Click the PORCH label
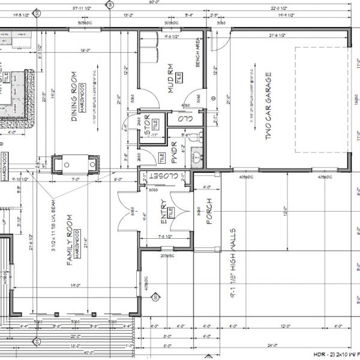[209, 212]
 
